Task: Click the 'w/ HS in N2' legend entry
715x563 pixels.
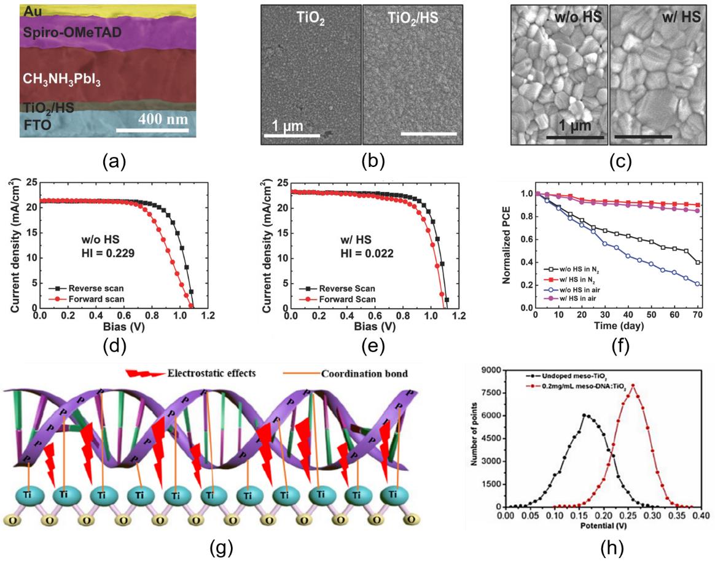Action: coord(574,278)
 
